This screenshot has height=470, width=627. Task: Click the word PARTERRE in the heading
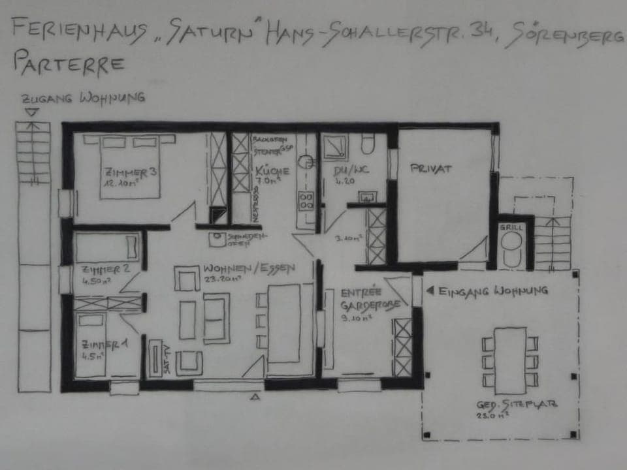[69, 63]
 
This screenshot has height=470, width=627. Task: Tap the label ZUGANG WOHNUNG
[83, 99]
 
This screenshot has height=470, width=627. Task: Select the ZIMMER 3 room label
[130, 173]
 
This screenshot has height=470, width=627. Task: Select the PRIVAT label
[431, 168]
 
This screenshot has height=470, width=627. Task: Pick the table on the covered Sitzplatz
[510, 361]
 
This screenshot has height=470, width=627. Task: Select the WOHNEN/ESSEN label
[249, 268]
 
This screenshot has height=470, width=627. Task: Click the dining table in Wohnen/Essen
[284, 323]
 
